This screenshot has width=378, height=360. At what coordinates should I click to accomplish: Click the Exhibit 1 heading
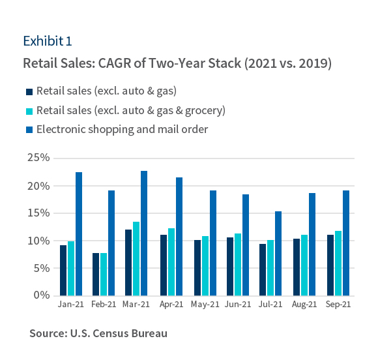(x=47, y=41)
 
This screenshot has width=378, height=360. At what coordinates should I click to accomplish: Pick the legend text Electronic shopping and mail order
(x=122, y=129)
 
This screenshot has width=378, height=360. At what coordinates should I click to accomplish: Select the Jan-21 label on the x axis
(x=70, y=305)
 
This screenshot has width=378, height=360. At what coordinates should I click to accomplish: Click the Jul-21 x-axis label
(x=270, y=305)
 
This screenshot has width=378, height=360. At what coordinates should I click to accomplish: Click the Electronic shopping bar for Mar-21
(x=144, y=233)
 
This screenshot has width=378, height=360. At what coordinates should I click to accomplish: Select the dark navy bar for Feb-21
(x=96, y=274)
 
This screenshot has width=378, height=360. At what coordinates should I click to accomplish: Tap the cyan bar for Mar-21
(x=136, y=258)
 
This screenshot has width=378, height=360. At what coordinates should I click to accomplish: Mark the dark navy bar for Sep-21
(x=329, y=265)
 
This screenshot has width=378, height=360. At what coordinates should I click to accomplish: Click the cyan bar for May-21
(x=205, y=265)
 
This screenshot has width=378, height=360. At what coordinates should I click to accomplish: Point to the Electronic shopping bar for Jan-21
(x=79, y=233)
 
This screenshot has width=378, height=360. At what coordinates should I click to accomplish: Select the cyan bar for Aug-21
(x=304, y=265)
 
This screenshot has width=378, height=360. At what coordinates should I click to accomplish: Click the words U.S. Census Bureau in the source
(x=118, y=333)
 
